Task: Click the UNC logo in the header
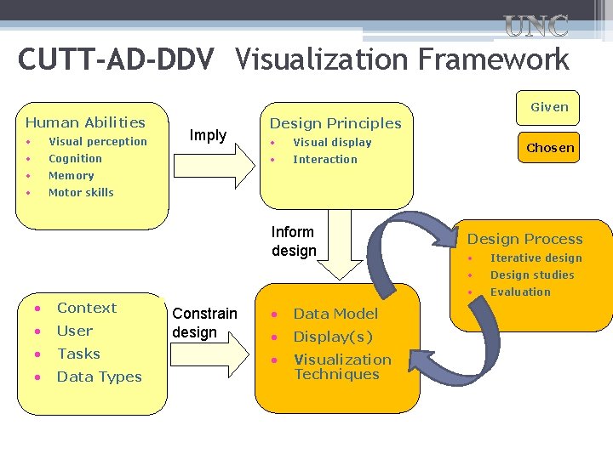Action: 536,26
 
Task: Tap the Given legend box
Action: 549,107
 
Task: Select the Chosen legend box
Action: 550,148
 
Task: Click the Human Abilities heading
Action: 85,122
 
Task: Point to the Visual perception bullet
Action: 97,142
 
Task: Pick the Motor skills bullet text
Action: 81,193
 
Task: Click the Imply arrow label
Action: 208,135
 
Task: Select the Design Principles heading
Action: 335,123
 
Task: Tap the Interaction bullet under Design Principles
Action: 325,160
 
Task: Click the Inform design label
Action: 294,241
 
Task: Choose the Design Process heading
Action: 524,240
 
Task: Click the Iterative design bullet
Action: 536,258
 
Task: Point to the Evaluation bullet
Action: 520,292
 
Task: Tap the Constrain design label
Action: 204,323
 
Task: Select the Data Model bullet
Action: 335,314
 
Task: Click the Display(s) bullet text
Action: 333,337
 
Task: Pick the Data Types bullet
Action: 99,377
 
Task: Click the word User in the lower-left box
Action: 75,331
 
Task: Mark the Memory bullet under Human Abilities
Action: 71,176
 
